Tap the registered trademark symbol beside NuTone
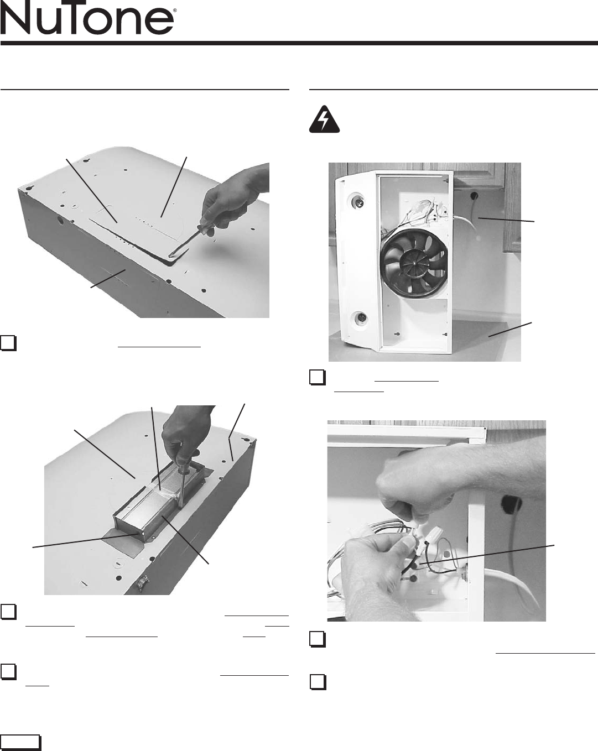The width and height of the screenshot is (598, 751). coord(175,11)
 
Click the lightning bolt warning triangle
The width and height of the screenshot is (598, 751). coord(324,119)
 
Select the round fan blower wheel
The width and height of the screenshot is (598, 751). coord(414,263)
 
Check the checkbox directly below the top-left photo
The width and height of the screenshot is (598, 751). coord(8,343)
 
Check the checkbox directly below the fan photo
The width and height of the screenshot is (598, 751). coord(318,378)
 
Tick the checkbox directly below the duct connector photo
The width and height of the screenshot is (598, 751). coord(8,612)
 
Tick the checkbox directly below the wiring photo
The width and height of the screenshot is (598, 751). coord(318,639)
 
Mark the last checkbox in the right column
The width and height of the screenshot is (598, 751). coord(318,682)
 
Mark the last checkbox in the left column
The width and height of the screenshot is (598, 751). coord(8,671)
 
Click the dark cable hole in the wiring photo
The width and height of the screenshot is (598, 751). coord(511,504)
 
